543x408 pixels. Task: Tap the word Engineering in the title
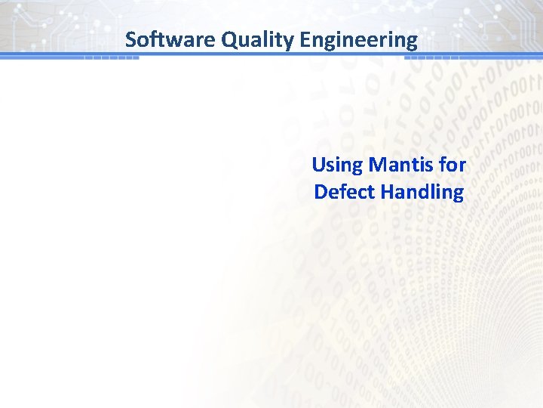coord(358,39)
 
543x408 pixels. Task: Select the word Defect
coord(345,191)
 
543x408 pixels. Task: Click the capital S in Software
coord(131,39)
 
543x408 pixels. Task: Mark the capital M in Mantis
coord(374,164)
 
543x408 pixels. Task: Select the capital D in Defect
coord(321,191)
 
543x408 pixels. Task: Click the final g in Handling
coord(458,194)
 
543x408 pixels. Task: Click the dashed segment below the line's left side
coord(112,58)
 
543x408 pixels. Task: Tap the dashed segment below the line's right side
coord(437,58)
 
